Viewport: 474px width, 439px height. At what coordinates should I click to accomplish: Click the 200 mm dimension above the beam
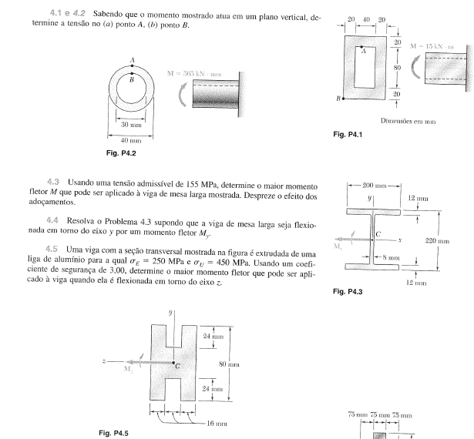[x=371, y=186]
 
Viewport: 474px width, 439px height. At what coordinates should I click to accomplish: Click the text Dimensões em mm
[x=408, y=120]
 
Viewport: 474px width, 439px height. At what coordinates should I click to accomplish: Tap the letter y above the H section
[x=171, y=313]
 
